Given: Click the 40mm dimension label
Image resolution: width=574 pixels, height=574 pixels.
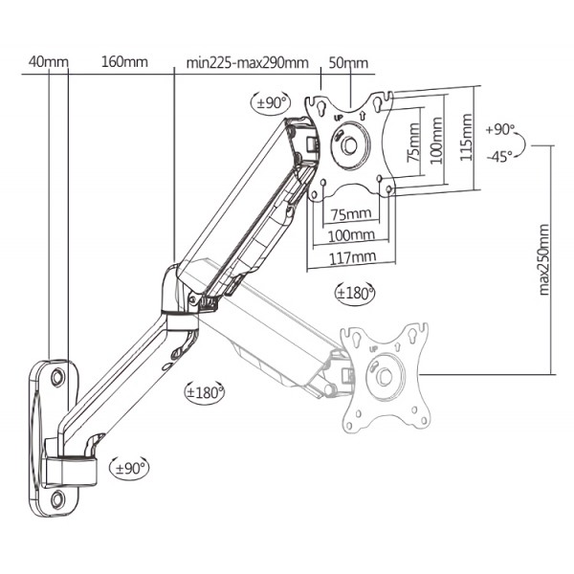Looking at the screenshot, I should coord(49,63).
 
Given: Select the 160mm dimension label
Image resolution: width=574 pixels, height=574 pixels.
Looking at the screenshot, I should coord(124,63).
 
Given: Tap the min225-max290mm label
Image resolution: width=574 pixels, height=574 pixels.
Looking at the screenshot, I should coord(247,64).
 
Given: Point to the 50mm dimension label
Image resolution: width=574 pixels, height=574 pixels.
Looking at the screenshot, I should coord(348,63).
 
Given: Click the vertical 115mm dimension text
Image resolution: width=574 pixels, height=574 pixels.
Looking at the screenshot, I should coord(466,140).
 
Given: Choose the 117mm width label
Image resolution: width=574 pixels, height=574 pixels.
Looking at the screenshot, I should coord(349,256).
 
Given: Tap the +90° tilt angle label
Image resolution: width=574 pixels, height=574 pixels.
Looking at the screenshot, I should coord(499,129).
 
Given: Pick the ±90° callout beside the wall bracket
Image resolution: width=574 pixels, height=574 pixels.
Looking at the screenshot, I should coord(131,468).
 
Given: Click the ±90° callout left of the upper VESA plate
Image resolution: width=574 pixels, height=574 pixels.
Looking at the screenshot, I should coord(271,102).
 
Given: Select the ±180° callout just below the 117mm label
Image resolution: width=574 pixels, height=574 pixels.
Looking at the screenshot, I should coord(355,292).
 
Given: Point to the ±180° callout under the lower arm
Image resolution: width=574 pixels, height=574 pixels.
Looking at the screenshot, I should coord(205,391).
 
